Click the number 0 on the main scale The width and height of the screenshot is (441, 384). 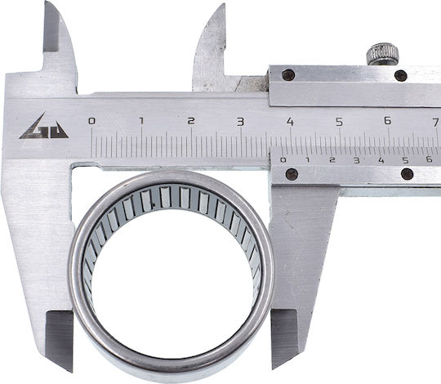tap(91, 121)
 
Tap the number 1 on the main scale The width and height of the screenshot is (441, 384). tap(141, 121)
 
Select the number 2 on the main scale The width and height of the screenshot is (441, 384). tap(191, 121)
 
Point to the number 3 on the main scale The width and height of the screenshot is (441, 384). tap(240, 122)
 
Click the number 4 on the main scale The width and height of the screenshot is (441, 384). tap(290, 122)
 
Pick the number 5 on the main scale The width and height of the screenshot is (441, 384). tap(340, 122)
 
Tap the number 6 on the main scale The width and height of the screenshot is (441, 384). tap(388, 121)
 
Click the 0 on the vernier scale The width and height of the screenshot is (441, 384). tap(283, 160)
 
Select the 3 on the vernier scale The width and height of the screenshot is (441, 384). tap(357, 161)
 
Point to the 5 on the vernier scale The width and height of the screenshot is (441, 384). tap(405, 160)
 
